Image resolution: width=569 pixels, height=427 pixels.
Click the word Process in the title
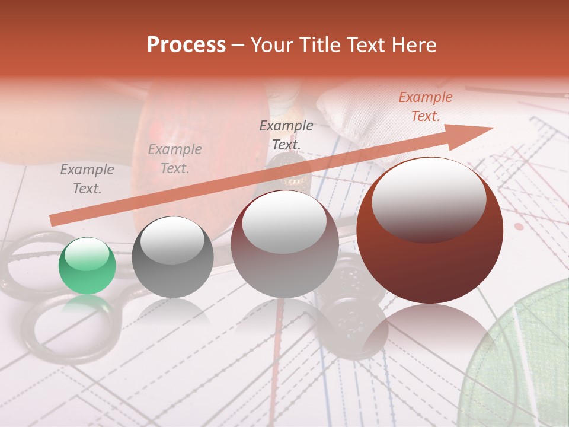point(186,45)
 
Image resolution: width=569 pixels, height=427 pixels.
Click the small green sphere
point(87,266)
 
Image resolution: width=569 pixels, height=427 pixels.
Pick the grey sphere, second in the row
point(172,257)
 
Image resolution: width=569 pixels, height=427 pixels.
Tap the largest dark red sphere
point(430,231)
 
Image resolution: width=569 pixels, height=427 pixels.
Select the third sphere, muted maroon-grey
point(284,244)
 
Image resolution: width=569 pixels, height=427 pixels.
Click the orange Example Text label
point(425,107)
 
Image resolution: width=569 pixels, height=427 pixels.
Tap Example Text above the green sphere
point(87,179)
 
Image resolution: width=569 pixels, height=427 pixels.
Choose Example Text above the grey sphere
point(174,159)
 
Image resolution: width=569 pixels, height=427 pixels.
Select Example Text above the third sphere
point(286,135)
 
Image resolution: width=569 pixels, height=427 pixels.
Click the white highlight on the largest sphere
point(429,198)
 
